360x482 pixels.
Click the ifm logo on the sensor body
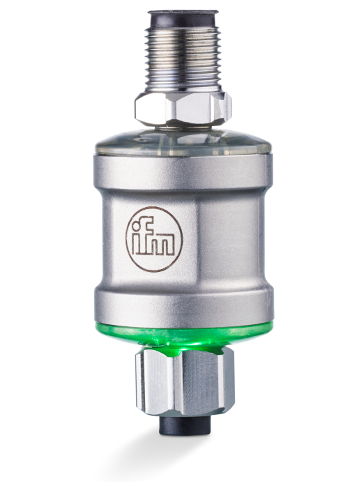[x=154, y=239]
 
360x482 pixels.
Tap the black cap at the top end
[x=183, y=20]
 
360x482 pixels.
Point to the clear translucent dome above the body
[x=183, y=143]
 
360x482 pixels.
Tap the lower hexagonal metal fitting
[x=185, y=378]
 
